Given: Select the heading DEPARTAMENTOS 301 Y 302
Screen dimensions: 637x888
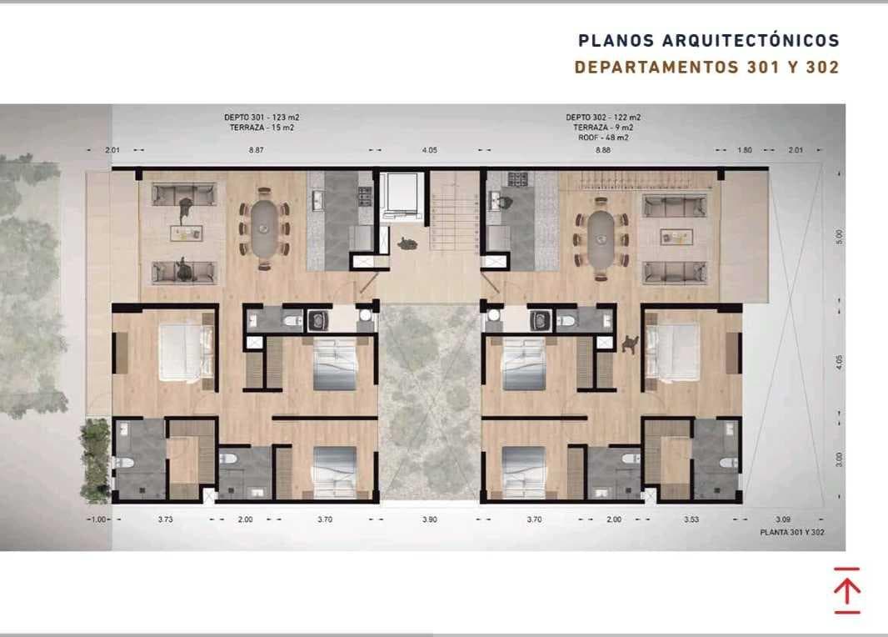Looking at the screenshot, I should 706,68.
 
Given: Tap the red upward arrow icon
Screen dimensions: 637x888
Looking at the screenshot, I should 846,590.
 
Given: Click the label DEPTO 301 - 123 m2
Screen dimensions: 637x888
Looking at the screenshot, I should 262,118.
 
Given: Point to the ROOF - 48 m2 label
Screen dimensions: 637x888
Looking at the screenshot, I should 604,138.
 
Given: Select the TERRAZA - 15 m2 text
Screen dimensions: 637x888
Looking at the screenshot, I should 262,128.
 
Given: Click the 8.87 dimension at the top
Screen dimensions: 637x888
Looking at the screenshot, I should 257,150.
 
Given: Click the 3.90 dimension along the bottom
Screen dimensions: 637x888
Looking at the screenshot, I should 429,519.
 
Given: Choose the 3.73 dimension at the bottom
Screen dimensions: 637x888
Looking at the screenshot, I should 165,519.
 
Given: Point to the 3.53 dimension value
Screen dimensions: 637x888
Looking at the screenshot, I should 691,519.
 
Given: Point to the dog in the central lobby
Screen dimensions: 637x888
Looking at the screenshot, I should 407,243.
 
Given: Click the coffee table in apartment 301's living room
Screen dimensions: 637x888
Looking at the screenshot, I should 185,233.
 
